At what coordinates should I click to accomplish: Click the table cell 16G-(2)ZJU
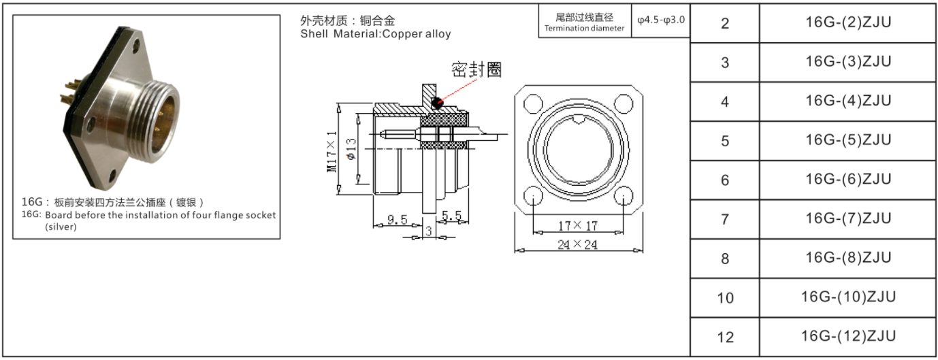tap(847, 23)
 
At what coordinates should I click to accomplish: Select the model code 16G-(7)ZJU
tap(847, 218)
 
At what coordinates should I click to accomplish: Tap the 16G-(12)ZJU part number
tap(847, 336)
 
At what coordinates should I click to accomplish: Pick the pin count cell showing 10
tap(725, 297)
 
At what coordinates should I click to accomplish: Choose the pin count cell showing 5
tap(725, 141)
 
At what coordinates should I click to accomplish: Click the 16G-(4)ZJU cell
tap(847, 101)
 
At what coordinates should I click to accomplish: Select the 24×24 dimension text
tap(577, 245)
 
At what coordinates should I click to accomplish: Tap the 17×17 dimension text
tap(577, 225)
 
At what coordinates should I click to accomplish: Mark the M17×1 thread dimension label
tap(331, 150)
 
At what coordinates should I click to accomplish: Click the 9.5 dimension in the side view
tap(397, 220)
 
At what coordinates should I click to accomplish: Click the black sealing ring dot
tap(436, 103)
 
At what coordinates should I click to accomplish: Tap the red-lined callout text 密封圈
tap(476, 69)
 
